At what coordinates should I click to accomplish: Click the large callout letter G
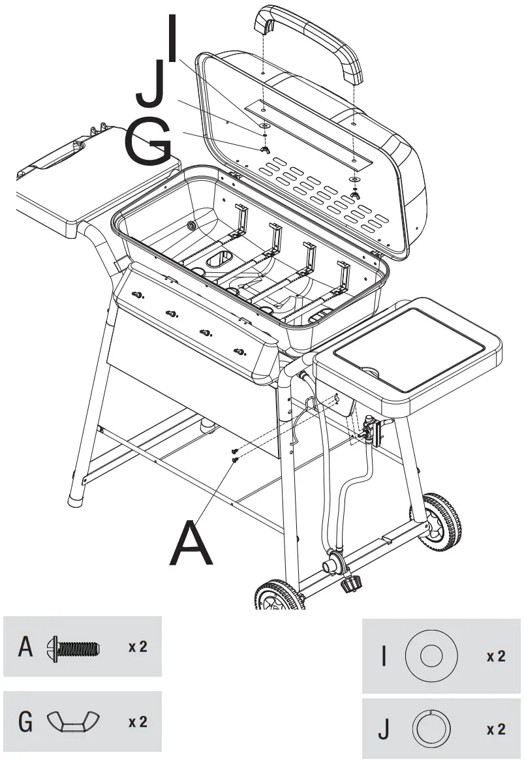click(148, 144)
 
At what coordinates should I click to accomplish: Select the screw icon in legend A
click(74, 649)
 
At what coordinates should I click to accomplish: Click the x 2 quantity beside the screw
click(137, 647)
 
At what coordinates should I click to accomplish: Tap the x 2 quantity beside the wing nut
click(137, 722)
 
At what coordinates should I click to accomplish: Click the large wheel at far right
click(441, 523)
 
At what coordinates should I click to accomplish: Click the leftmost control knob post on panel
click(136, 295)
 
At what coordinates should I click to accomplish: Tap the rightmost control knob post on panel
click(240, 352)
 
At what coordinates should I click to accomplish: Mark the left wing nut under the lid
click(264, 151)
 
